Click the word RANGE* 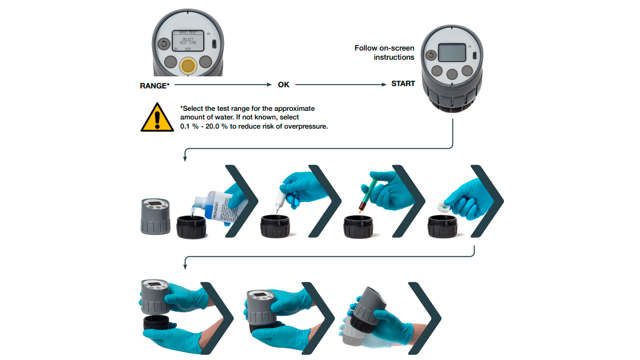[x=154, y=86]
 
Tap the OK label [x=284, y=84]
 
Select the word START [x=403, y=84]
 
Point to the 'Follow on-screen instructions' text [x=384, y=52]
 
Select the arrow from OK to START [x=342, y=84]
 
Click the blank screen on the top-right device [x=451, y=53]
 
